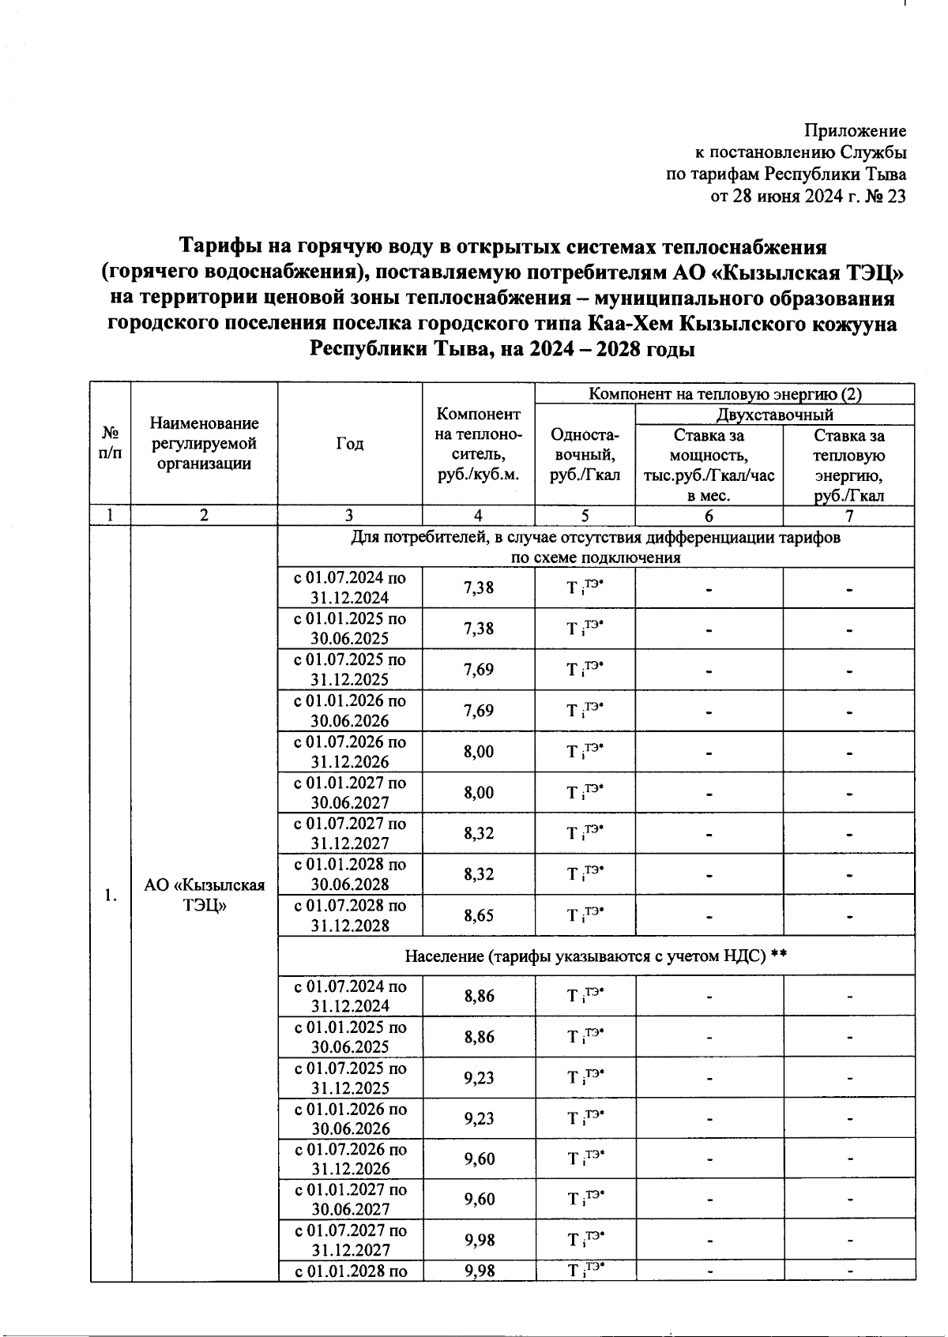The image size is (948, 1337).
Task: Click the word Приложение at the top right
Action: click(x=855, y=131)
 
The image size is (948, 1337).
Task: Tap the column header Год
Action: click(x=349, y=444)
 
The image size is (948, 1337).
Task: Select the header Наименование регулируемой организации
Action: click(x=204, y=444)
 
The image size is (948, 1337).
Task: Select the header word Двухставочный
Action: click(x=774, y=415)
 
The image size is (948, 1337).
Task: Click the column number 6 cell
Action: click(x=709, y=516)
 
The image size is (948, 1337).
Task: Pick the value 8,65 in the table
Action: click(x=479, y=916)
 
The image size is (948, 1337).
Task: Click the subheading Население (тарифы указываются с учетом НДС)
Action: click(x=596, y=956)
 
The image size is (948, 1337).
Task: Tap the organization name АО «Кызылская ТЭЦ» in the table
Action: click(x=204, y=895)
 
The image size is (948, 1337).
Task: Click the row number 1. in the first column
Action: click(x=111, y=895)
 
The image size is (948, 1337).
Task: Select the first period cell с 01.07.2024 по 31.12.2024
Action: click(x=349, y=588)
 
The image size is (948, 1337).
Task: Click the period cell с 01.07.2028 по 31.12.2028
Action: click(x=349, y=916)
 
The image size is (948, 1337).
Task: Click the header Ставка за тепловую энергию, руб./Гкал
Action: click(x=848, y=465)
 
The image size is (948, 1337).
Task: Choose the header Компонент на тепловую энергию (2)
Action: click(x=724, y=394)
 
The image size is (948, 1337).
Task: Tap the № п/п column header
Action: click(x=111, y=444)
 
